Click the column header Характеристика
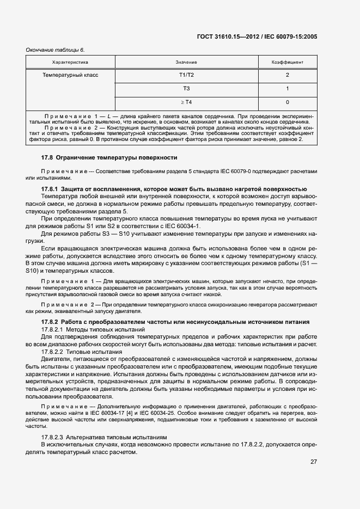click(x=70, y=63)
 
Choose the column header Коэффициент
click(x=287, y=63)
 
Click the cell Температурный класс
click(x=70, y=75)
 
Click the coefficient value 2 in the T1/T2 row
click(x=287, y=75)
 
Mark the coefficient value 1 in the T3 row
click(x=287, y=88)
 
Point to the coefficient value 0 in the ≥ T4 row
click(x=287, y=102)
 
